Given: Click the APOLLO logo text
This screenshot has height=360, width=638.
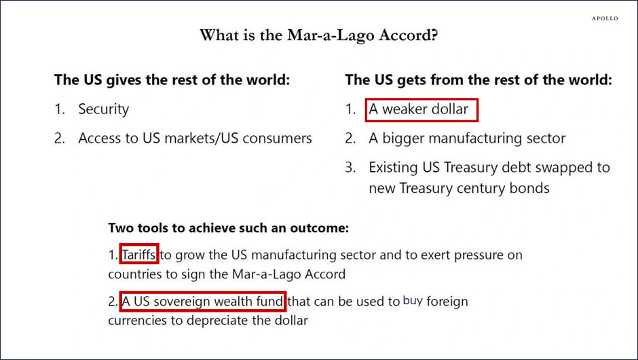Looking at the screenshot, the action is [605, 18].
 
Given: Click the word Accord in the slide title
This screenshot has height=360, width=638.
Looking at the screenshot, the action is [408, 35].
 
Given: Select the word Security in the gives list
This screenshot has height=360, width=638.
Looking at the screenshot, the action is [103, 109].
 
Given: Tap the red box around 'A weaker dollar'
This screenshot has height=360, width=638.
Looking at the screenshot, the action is [421, 99].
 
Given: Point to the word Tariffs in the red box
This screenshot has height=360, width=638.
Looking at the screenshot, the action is [138, 255].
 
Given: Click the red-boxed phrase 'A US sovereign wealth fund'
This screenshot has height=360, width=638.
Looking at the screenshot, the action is [203, 302].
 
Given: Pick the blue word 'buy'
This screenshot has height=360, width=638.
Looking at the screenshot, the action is [413, 301].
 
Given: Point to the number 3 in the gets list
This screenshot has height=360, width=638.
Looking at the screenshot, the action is [350, 168].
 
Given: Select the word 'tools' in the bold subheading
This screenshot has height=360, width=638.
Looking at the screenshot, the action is [153, 228].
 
